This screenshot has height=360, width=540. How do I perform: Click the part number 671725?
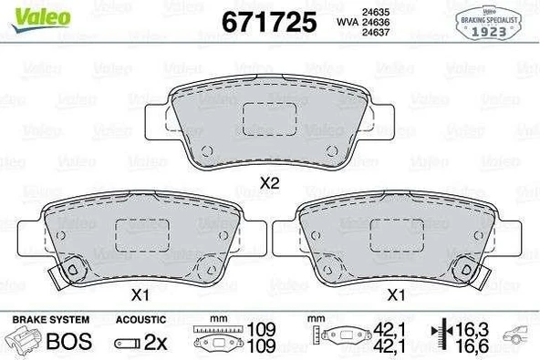[x=269, y=21]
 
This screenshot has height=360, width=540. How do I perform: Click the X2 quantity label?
[x=268, y=183]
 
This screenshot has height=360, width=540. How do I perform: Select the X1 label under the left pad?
[x=140, y=295]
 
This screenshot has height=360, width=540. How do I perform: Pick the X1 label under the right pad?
[x=396, y=295]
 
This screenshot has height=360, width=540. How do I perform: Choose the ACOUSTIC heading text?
[x=141, y=320]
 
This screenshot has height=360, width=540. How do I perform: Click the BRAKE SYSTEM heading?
[x=49, y=320]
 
